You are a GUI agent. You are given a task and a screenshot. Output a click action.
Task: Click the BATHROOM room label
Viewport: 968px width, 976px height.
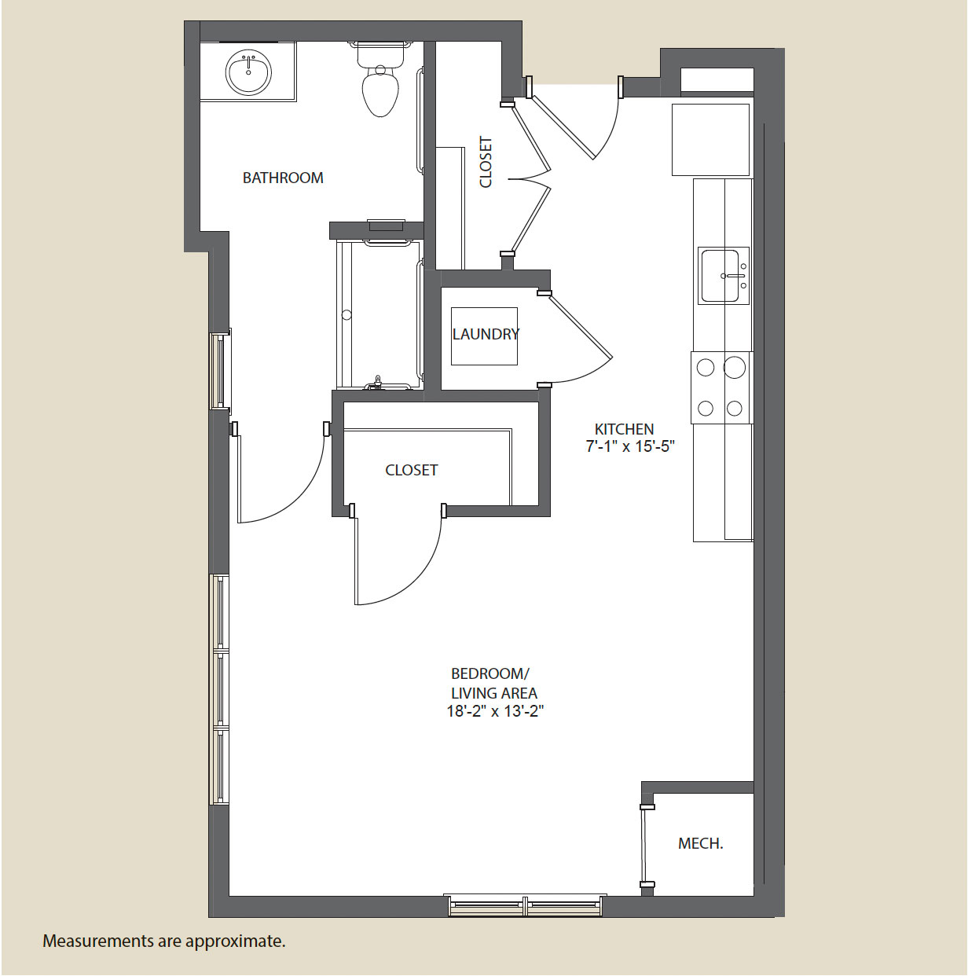[x=283, y=178]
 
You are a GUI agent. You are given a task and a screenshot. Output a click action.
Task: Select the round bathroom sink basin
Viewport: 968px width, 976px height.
[x=248, y=72]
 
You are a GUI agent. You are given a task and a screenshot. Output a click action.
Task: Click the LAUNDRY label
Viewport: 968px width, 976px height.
[x=486, y=334]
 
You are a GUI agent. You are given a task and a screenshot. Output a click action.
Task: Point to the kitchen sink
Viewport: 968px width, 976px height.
[x=723, y=276]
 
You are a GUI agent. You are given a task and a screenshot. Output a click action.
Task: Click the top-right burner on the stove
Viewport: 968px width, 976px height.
[x=735, y=367]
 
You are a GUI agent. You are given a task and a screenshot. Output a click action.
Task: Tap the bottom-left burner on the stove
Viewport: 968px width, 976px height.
[x=706, y=408]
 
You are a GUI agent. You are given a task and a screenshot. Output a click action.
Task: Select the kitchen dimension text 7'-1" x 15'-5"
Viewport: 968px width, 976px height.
[x=630, y=446]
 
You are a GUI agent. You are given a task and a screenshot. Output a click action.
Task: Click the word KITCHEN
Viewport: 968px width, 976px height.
[x=624, y=429]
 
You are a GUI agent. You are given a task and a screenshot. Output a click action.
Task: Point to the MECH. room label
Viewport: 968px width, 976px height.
[x=701, y=843]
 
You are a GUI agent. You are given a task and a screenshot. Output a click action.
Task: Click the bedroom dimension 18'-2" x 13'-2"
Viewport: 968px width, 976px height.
[x=495, y=712]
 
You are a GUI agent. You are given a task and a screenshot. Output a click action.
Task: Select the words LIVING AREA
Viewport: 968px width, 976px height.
[x=494, y=692]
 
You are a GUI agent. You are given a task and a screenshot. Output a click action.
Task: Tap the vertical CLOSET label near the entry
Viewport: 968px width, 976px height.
[x=486, y=162]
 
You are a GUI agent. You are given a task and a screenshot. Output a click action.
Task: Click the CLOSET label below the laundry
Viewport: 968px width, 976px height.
[x=411, y=470]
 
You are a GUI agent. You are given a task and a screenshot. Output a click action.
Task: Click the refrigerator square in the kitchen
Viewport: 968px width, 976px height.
[x=710, y=139]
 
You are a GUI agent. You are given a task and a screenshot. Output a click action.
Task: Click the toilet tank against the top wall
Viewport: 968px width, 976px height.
[x=380, y=54]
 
